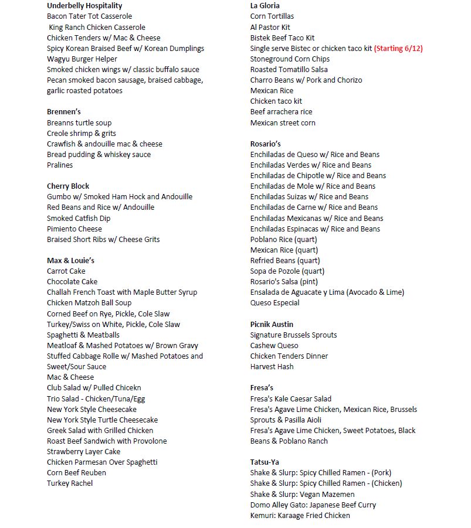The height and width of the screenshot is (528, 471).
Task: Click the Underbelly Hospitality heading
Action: tap(84, 6)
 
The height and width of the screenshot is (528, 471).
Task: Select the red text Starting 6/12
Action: tap(398, 49)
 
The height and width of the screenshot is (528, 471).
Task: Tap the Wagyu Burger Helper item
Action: tap(82, 59)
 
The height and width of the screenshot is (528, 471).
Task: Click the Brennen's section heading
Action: tap(63, 112)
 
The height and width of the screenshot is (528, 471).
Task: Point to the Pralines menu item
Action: tap(60, 165)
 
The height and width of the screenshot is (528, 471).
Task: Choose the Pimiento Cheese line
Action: tap(74, 229)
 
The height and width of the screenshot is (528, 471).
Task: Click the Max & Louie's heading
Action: tap(70, 261)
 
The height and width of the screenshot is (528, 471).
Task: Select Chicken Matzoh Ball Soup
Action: tap(89, 303)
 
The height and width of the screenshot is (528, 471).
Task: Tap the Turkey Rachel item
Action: tap(70, 483)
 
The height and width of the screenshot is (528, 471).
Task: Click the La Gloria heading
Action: tap(265, 6)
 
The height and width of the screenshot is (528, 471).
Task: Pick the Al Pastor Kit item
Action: tap(270, 28)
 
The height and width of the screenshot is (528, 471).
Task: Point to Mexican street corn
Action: tap(283, 123)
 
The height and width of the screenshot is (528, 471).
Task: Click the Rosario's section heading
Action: tap(266, 144)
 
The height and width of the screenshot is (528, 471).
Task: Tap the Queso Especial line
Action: tap(275, 303)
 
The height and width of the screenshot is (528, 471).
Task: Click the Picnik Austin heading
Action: tap(272, 325)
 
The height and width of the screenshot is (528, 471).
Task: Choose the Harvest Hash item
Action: tap(272, 367)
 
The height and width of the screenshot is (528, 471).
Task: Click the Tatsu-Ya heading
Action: tap(265, 462)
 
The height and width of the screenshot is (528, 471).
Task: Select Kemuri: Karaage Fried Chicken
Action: tap(300, 516)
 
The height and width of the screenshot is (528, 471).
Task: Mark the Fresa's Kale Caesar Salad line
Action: tap(291, 399)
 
